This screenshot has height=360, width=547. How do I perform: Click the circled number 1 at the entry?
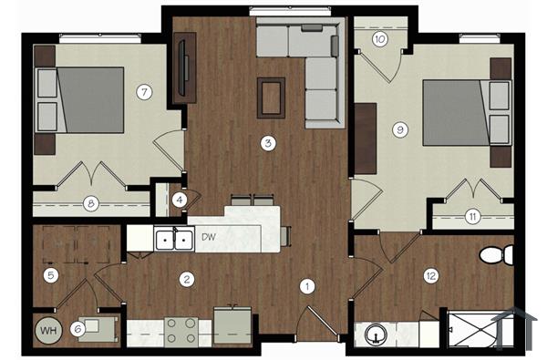pos(307,287)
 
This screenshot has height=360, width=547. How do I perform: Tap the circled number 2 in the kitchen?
pos(186,279)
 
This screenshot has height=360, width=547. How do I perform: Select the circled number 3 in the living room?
pos(267,143)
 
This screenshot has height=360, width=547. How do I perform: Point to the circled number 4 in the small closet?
pos(180,199)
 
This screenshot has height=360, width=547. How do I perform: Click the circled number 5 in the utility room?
pos(51,274)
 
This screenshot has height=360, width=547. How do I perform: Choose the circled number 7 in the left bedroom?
pos(142,91)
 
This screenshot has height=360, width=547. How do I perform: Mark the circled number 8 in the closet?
pos(90,204)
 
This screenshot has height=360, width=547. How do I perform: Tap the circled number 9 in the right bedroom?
pos(399,129)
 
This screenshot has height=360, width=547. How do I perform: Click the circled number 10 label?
pos(379,39)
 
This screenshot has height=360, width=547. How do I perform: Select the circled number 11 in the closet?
pos(472,216)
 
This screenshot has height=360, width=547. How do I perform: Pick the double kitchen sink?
pos(173,240)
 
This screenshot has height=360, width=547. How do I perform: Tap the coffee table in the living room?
pos(271,97)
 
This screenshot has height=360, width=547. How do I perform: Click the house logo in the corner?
pos(521,324)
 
